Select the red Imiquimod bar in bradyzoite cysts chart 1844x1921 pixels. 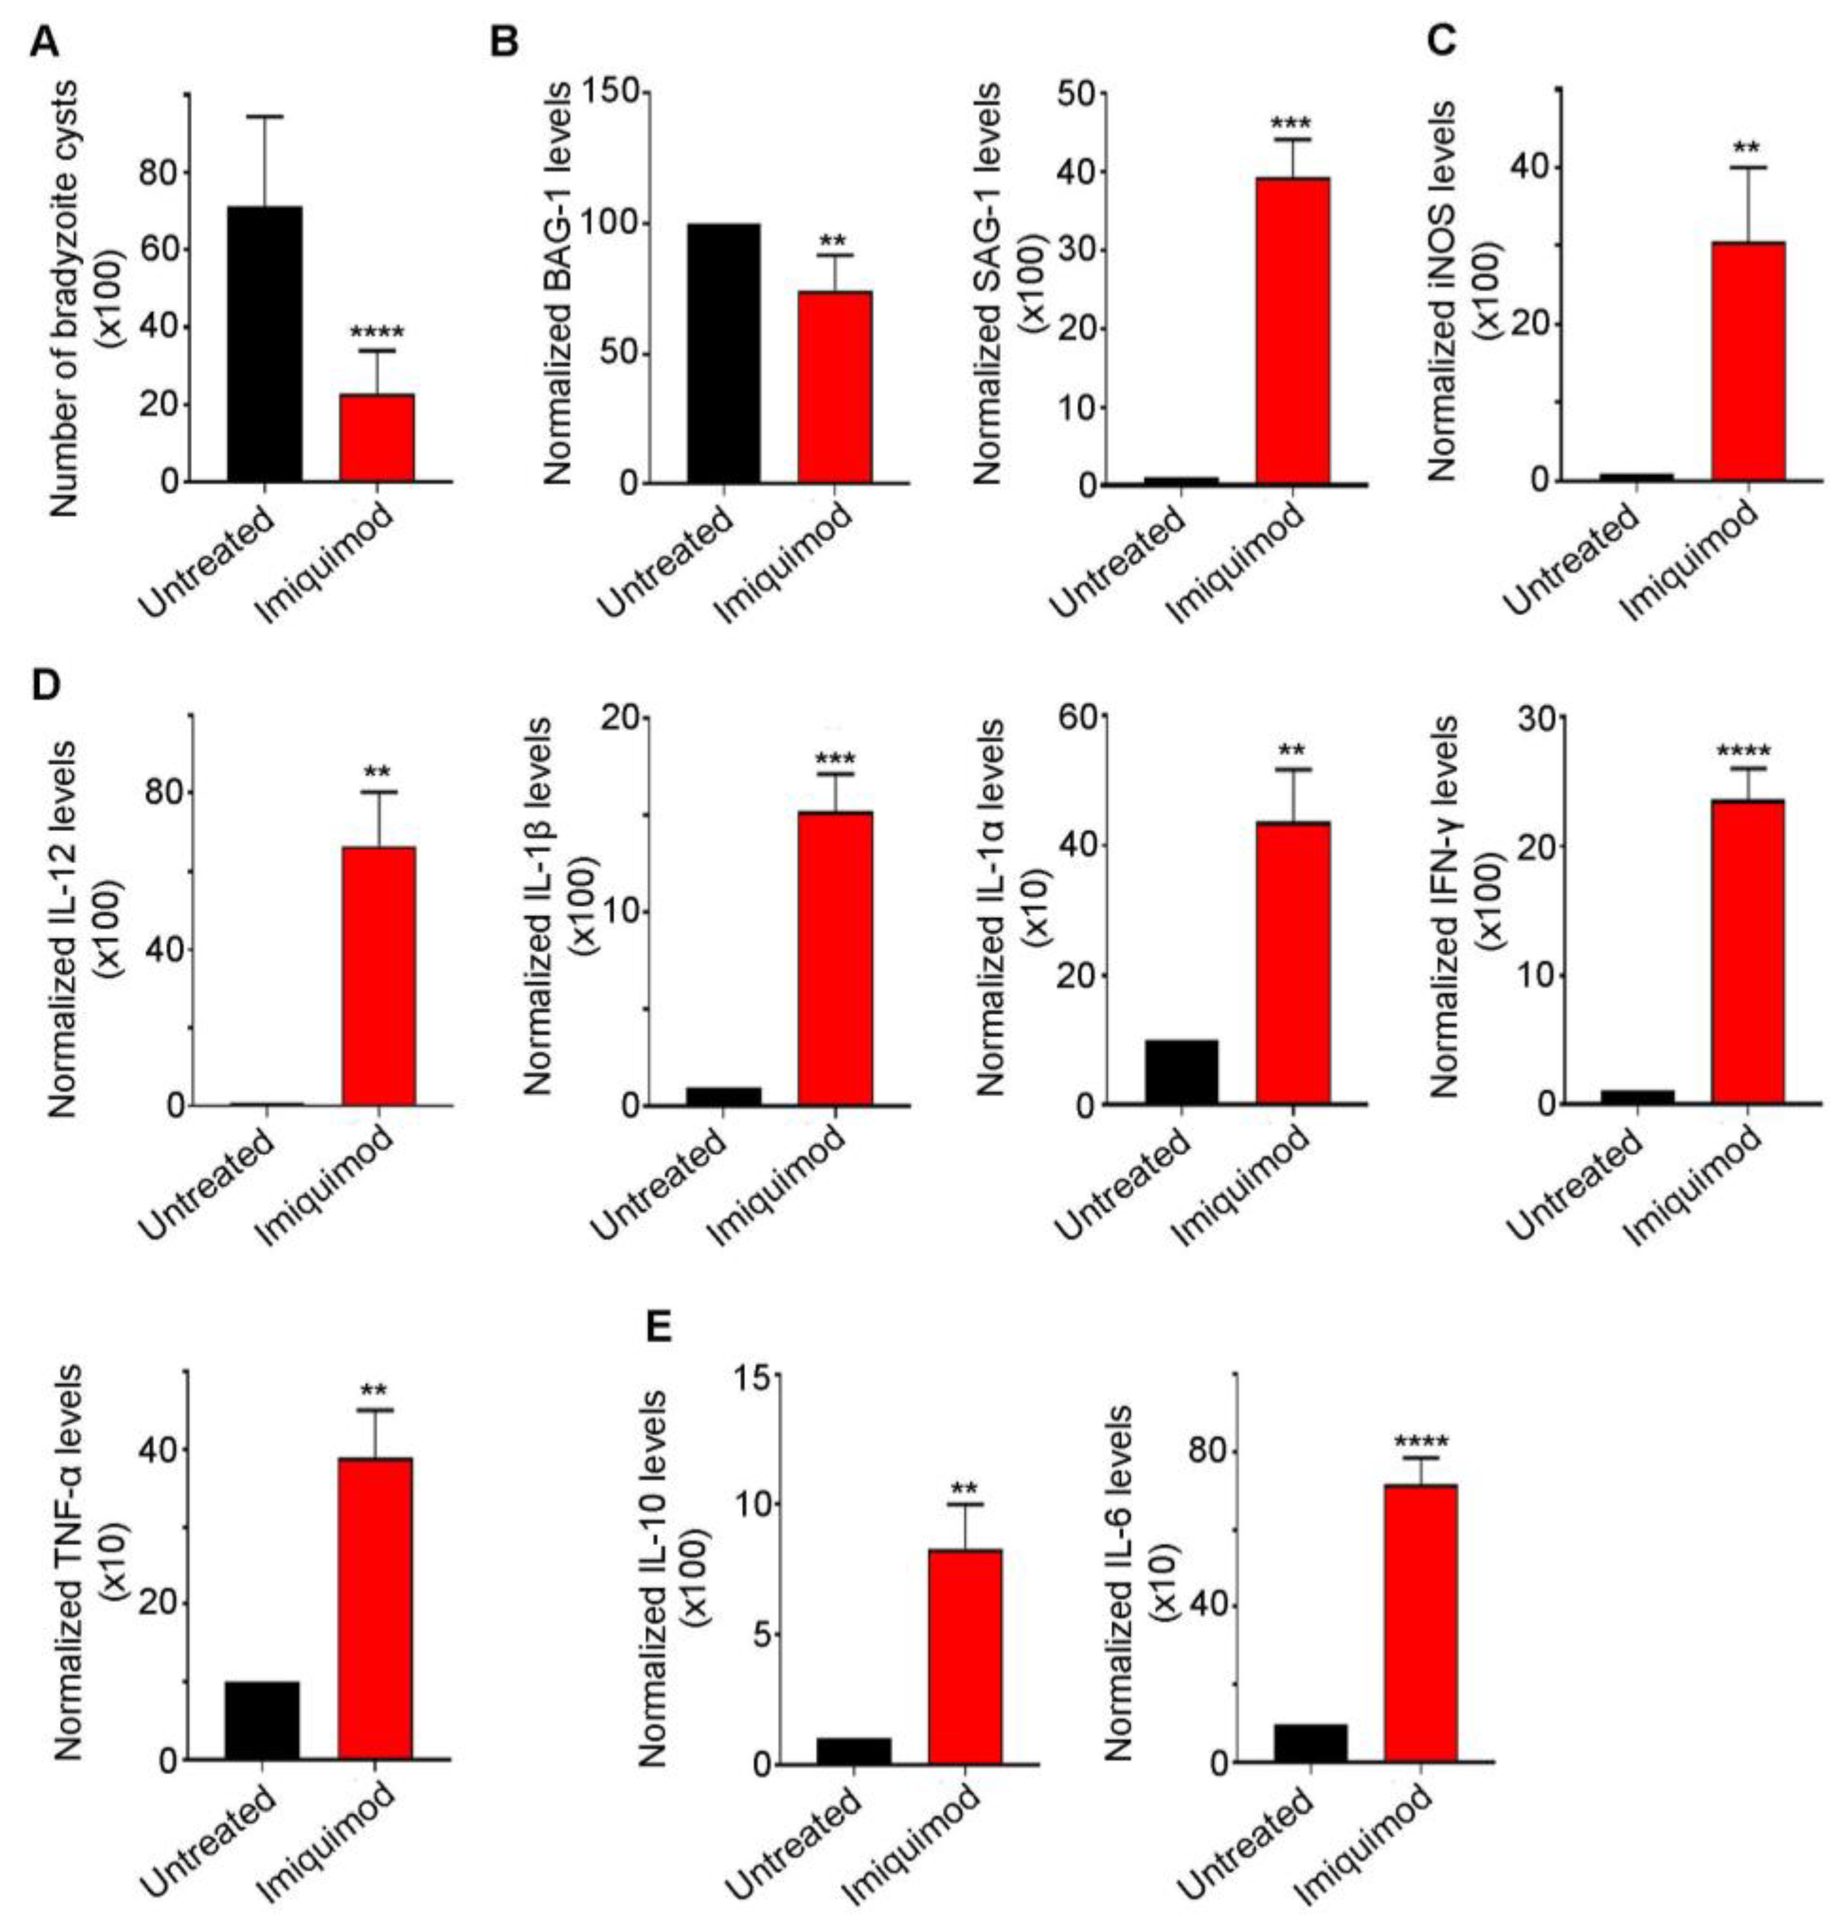pos(377,437)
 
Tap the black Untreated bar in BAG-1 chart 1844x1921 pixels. pos(723,353)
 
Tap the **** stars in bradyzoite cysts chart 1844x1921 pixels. pos(377,331)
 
